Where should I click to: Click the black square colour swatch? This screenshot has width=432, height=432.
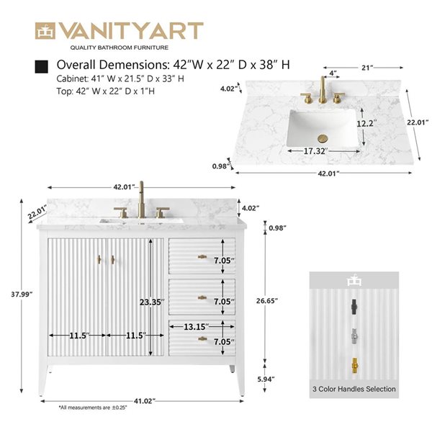tap(41, 66)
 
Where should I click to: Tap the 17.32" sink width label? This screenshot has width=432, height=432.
tap(314, 151)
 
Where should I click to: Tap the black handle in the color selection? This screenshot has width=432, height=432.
tap(353, 307)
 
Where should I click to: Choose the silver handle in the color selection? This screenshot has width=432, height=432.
tap(353, 336)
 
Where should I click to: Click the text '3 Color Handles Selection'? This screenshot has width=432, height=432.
tap(354, 389)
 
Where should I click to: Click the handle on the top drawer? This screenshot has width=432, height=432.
tap(203, 257)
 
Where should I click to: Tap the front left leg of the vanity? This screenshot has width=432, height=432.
tap(52, 379)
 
